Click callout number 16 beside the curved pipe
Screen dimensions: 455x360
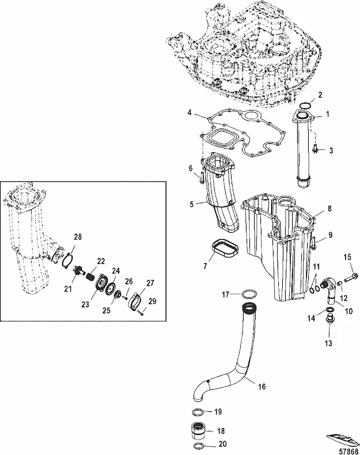coord(262,386)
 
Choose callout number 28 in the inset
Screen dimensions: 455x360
coord(78,237)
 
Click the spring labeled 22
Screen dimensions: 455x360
coord(89,276)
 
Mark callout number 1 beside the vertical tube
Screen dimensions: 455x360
coord(327,114)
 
